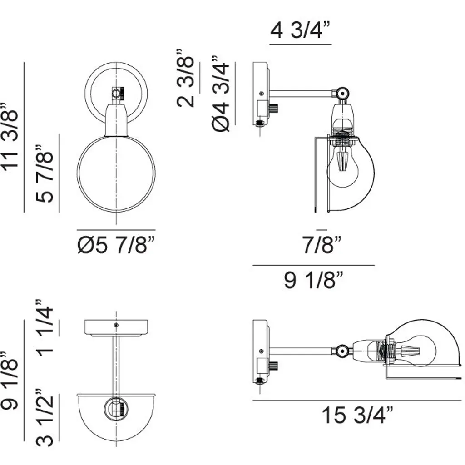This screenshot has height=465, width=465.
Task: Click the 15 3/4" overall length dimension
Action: pyautogui.click(x=357, y=415)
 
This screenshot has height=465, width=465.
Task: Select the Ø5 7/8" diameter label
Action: pyautogui.click(x=116, y=245)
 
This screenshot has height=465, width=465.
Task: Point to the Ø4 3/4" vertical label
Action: pyautogui.click(x=221, y=94)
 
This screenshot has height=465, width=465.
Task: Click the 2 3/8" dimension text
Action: pyautogui.click(x=186, y=78)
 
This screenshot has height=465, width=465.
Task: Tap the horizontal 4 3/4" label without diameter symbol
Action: pyautogui.click(x=300, y=30)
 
